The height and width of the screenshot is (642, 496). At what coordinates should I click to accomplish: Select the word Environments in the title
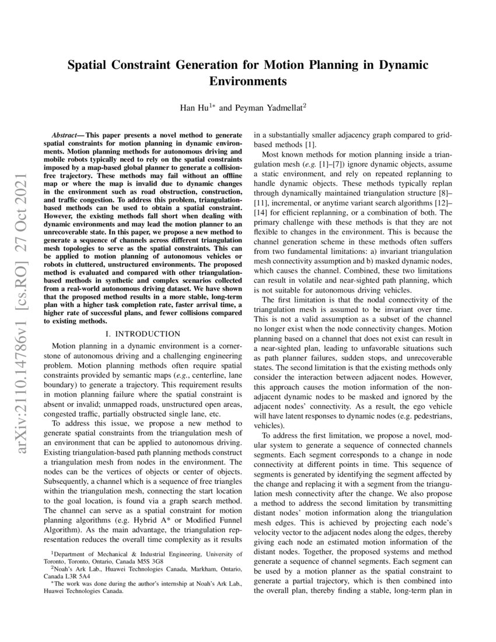click(x=247, y=81)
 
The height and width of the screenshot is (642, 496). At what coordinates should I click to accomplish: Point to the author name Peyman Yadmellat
click(x=275, y=108)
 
